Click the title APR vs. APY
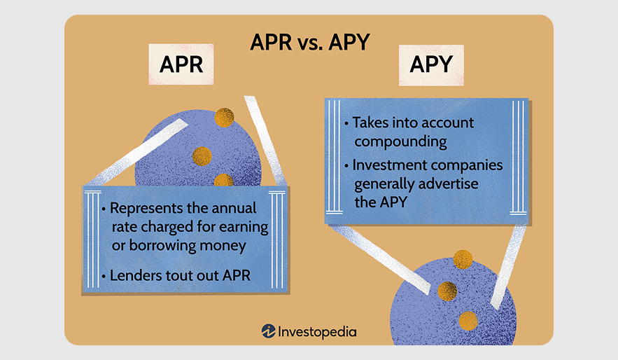point(310,42)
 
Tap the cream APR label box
point(181,64)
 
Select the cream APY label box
point(431,65)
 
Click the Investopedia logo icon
point(268,331)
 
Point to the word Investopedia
point(317,332)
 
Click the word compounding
point(400,142)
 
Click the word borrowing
point(162,246)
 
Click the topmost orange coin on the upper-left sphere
point(224,118)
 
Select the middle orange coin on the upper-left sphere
point(202,157)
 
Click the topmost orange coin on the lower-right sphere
point(463,259)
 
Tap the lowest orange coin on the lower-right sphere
point(468,321)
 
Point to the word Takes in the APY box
point(370,123)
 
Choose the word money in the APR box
point(223,246)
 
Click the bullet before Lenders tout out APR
point(104,276)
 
